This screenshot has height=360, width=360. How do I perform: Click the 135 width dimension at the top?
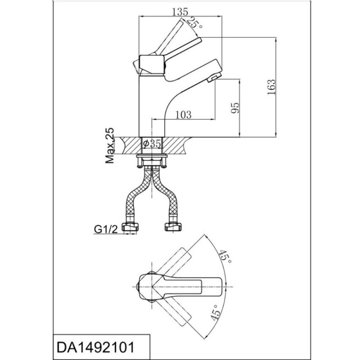[180, 12]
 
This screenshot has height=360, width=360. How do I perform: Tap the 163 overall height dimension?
[271, 87]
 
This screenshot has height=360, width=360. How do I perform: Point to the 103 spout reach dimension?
[183, 114]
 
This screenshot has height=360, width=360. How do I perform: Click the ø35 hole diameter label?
[152, 144]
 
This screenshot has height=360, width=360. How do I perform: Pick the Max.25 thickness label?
[109, 145]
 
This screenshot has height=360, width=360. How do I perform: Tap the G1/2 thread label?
[106, 229]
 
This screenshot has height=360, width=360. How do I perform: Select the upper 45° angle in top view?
[224, 257]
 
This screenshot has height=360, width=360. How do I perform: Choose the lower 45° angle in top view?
[216, 313]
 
